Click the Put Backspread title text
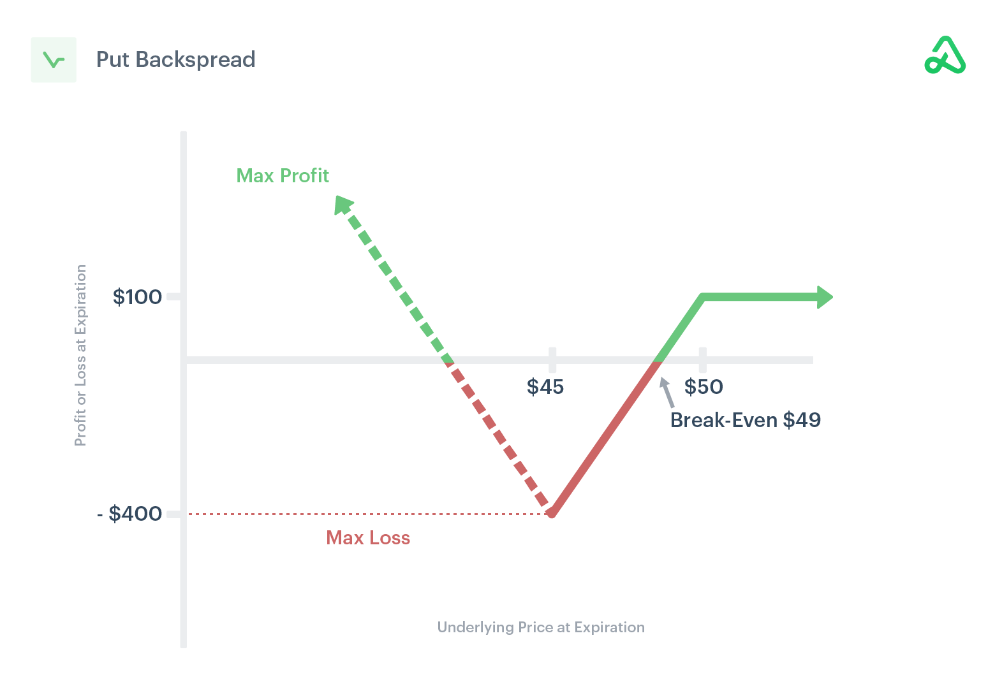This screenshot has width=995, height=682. click(x=175, y=59)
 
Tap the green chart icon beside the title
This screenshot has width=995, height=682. click(x=54, y=60)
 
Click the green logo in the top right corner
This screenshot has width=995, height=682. click(x=945, y=55)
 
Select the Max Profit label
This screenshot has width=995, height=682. click(x=283, y=175)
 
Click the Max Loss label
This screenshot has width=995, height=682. click(x=368, y=538)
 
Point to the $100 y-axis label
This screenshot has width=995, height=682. click(x=137, y=297)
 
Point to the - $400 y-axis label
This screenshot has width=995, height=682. click(x=129, y=514)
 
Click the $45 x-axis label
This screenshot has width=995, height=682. click(x=545, y=387)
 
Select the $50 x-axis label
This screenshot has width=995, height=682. click(x=704, y=387)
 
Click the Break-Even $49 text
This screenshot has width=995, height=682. click(x=745, y=420)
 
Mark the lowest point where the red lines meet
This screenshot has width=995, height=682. click(x=552, y=512)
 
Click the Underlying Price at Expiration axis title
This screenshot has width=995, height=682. click(x=541, y=627)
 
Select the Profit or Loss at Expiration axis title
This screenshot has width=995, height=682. click(x=80, y=355)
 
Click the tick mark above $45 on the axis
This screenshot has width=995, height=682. click(x=552, y=360)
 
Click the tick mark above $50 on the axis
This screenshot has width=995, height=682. click(x=703, y=360)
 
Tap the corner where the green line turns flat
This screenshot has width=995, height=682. click(x=703, y=297)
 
